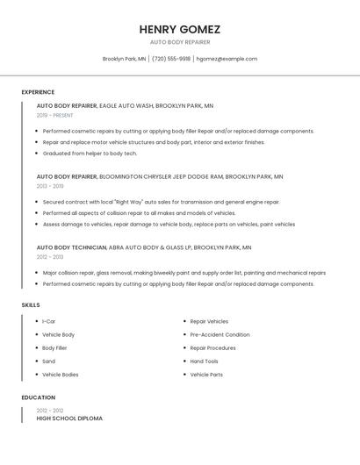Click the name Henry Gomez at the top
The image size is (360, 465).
click(179, 29)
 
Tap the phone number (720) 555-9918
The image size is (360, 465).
click(171, 59)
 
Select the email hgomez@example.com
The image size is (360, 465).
click(227, 59)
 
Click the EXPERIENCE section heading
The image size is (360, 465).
click(38, 92)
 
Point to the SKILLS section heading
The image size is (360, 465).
click(31, 304)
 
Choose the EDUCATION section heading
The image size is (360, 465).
click(39, 397)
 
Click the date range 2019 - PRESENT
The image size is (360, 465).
click(54, 115)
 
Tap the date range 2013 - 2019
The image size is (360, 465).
click(50, 186)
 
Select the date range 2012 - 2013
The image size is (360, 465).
click(50, 257)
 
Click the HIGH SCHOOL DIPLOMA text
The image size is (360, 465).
click(69, 418)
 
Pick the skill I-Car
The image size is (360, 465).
click(49, 321)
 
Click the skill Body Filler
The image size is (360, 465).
click(54, 347)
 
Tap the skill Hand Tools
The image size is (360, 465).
click(204, 361)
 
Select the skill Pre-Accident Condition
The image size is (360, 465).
click(220, 334)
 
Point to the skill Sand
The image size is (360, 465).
click(48, 361)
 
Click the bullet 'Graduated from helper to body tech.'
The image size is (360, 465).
click(90, 154)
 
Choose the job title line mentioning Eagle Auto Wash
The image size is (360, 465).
click(125, 105)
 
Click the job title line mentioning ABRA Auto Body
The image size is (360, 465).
click(144, 247)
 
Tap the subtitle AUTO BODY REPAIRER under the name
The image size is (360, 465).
click(179, 41)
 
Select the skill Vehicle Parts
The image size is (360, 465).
click(206, 375)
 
